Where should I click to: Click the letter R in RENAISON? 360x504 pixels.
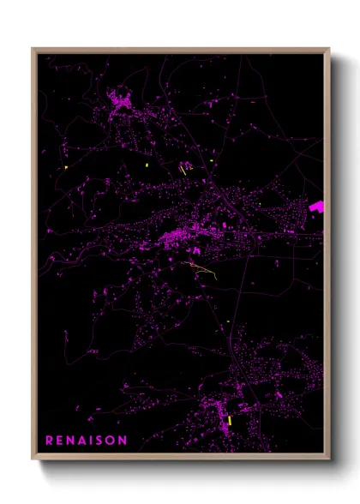50,441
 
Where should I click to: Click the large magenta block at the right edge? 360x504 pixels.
316,207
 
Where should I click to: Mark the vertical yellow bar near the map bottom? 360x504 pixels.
230,421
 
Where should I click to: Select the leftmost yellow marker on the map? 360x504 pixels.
66,167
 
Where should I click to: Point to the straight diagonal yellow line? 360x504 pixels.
183,170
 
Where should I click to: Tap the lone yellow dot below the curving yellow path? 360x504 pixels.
229,321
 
